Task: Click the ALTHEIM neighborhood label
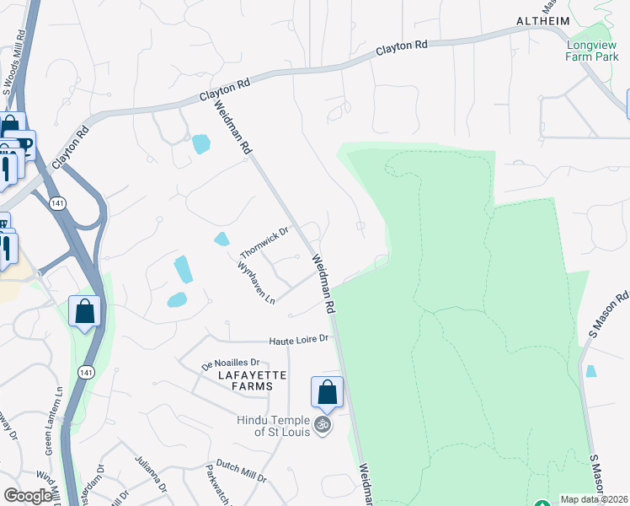point(544,21)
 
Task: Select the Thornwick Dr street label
point(264,243)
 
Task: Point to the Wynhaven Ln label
point(257,283)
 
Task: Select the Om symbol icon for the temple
point(321,425)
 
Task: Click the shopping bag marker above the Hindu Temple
point(327,392)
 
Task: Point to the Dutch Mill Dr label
point(240,477)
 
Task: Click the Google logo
point(28,496)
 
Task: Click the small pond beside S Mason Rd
point(590,371)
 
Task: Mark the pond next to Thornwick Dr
point(222,240)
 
